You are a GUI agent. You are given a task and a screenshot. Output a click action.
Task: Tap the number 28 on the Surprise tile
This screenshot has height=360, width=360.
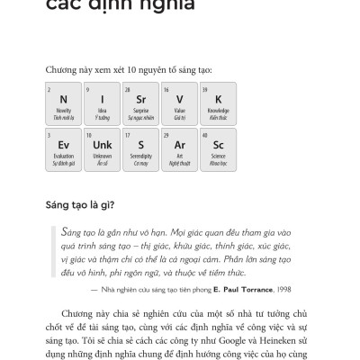tap(128, 89)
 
